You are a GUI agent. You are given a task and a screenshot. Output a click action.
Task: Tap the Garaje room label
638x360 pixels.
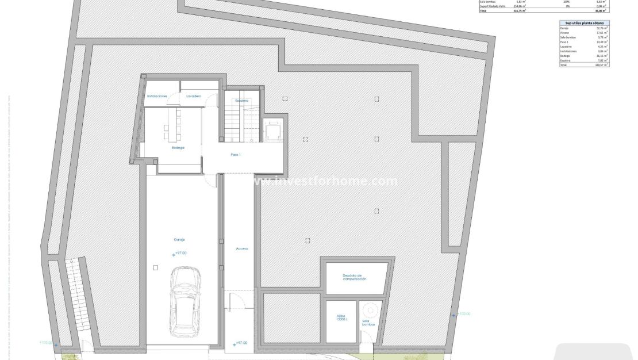coord(179,239)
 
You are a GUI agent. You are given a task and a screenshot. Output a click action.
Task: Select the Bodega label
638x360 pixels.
coord(178,148)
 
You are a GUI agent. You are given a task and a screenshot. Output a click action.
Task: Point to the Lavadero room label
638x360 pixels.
coord(194,96)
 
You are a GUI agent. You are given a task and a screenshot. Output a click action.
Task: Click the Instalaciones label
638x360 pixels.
coord(157,96)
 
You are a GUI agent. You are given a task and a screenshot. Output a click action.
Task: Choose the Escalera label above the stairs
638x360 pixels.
coord(241,101)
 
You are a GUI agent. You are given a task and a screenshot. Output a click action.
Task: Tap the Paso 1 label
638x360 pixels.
coord(236,155)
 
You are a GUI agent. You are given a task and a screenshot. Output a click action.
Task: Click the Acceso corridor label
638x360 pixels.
coord(241,248)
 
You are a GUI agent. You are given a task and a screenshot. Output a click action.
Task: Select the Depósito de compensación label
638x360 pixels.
coord(354,277)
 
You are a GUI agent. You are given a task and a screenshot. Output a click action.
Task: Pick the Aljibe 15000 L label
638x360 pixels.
coord(341,319)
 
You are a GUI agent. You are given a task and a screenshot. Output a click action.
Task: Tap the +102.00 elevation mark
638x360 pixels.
coord(462,313)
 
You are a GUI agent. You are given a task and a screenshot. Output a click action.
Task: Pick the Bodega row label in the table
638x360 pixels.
coord(565,56)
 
